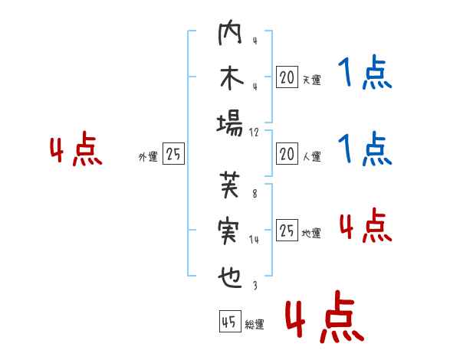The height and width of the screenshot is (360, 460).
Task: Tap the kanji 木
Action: (230, 80)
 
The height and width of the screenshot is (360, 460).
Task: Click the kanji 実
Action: (230, 230)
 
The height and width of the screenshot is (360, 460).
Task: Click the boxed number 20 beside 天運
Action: (287, 77)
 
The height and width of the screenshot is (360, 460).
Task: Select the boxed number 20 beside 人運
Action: (287, 154)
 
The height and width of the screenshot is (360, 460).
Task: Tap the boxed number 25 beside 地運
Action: (287, 229)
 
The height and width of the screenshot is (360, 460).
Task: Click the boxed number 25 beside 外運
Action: (173, 154)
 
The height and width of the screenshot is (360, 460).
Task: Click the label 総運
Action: (255, 325)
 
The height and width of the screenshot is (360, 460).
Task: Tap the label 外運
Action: (148, 157)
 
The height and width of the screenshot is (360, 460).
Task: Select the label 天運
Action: (311, 80)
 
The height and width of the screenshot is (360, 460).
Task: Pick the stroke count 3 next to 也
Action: (255, 286)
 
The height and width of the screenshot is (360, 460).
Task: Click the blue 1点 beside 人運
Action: (365, 149)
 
